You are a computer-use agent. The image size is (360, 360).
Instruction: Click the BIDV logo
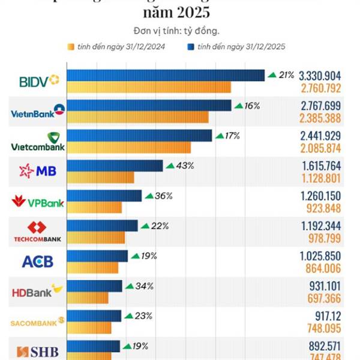pyautogui.click(x=39, y=80)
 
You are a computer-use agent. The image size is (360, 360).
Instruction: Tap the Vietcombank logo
pyautogui.click(x=38, y=142)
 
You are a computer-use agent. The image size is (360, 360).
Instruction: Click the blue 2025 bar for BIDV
pyautogui.click(x=165, y=75)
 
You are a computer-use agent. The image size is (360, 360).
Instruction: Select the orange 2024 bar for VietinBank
pyautogui.click(x=137, y=117)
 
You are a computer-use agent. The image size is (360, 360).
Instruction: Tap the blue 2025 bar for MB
pyautogui.click(x=115, y=165)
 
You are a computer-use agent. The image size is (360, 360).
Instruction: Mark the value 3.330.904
pyautogui.click(x=320, y=76)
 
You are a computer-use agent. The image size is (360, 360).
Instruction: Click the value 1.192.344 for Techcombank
pyautogui.click(x=320, y=227)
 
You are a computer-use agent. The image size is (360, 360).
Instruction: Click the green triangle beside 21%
pyautogui.click(x=272, y=75)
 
